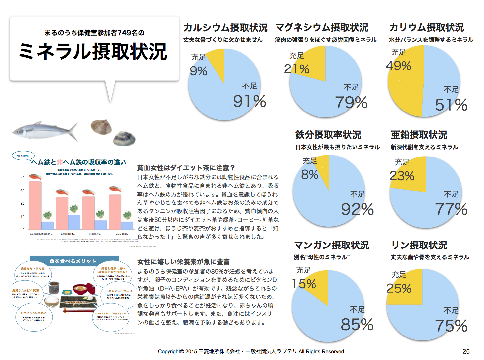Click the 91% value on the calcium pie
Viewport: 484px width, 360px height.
coord(249,101)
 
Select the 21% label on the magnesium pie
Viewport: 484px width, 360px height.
coord(296,69)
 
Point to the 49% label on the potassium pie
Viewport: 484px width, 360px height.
coord(398,66)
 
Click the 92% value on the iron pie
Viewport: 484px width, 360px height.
coord(357,209)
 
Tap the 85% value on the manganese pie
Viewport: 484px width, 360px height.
coord(357,324)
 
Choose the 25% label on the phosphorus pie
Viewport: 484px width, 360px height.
coord(399,288)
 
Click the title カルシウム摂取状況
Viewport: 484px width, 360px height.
coord(225,28)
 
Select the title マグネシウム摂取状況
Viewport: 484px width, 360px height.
coord(322,27)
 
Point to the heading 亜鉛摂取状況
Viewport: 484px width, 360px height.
coord(419,135)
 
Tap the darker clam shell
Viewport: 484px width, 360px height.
coord(124,139)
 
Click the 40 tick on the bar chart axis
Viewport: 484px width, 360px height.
coord(23,178)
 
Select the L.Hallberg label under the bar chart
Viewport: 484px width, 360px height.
coord(68,234)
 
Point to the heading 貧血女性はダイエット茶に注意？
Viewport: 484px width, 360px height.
coord(186,168)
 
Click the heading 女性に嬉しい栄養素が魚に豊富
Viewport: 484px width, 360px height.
coord(183,262)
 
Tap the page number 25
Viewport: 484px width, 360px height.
coord(466,351)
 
